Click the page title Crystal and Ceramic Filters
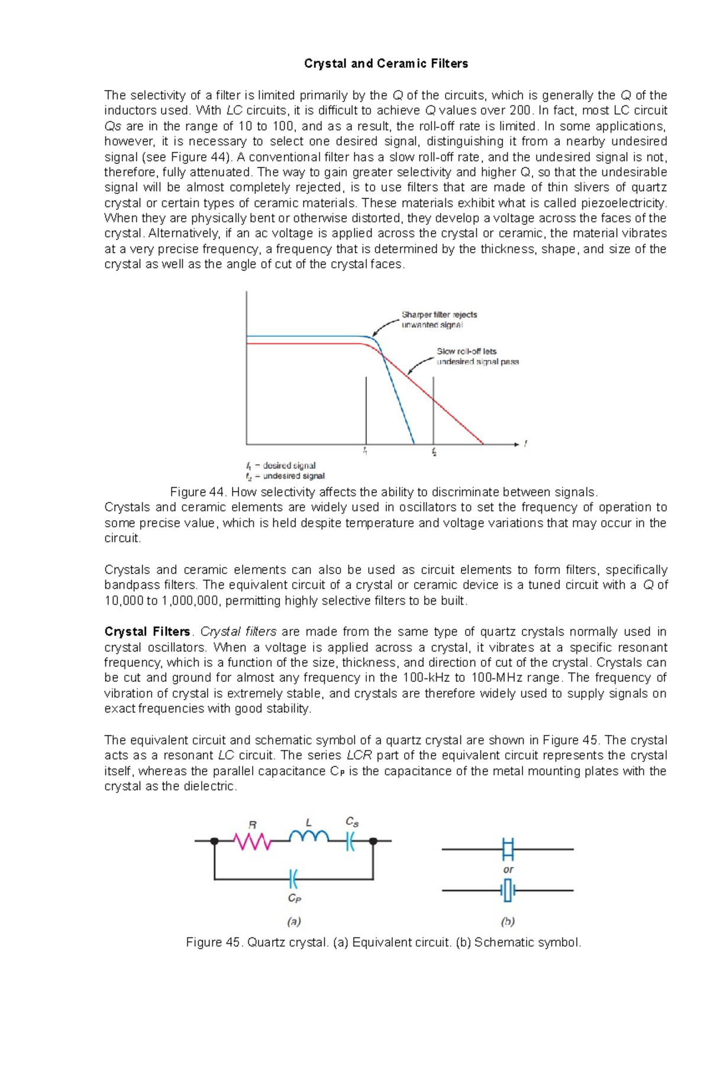[386, 64]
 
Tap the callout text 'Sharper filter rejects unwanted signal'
[439, 320]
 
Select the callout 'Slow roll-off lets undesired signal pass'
[477, 356]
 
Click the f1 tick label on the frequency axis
[366, 452]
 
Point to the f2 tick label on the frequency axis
[434, 452]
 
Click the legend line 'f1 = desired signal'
[281, 466]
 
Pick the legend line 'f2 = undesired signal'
[285, 476]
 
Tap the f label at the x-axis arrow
[525, 443]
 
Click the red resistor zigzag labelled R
[253, 841]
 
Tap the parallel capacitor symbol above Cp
[294, 879]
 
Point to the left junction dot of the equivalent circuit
[215, 841]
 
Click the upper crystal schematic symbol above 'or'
[508, 849]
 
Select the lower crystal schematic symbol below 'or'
[508, 890]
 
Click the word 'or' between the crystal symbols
[508, 869]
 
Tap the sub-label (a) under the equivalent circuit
[294, 921]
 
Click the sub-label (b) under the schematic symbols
[508, 921]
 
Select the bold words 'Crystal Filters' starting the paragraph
[147, 632]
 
